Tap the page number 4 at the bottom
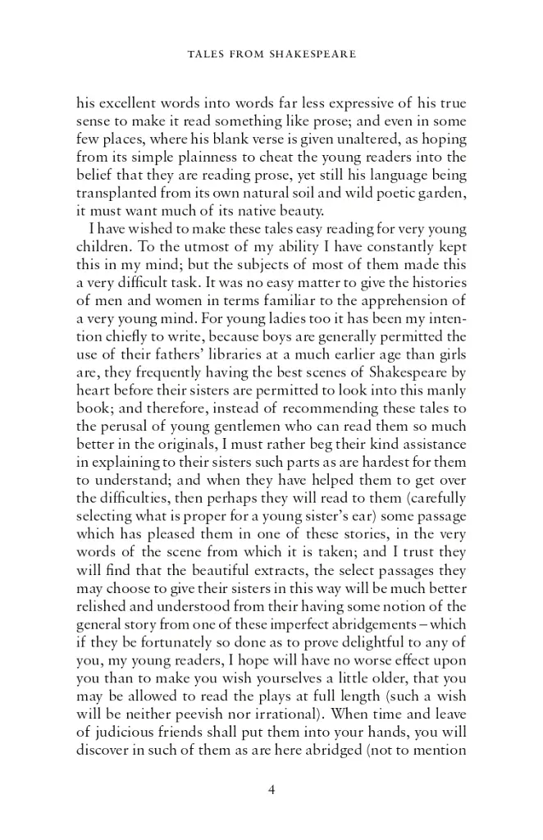coord(271,789)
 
